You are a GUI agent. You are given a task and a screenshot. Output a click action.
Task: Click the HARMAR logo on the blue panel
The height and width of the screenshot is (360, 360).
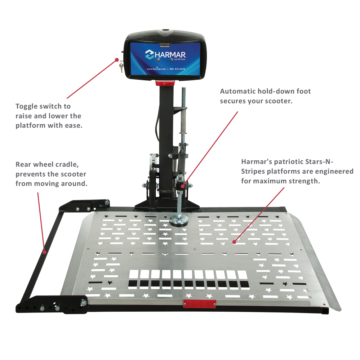click(x=165, y=54)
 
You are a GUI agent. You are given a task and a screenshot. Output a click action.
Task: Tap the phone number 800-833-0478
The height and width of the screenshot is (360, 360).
click(x=175, y=68)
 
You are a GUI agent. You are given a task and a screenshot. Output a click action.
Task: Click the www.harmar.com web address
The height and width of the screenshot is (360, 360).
click(x=156, y=68)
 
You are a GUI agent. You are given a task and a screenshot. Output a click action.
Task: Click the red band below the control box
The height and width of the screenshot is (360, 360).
click(x=164, y=83)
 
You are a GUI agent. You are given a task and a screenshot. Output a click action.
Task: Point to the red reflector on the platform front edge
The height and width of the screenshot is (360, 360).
click(x=200, y=304)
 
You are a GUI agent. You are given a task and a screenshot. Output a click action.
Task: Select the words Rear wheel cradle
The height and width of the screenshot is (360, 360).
click(x=47, y=164)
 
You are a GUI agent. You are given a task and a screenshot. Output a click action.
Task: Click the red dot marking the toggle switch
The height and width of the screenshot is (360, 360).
click(x=117, y=59)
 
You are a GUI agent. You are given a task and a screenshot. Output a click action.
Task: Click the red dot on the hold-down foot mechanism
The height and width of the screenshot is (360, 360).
click(x=183, y=186)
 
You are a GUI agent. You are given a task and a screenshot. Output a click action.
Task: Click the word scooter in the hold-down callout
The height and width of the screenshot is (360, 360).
click(x=276, y=101)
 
